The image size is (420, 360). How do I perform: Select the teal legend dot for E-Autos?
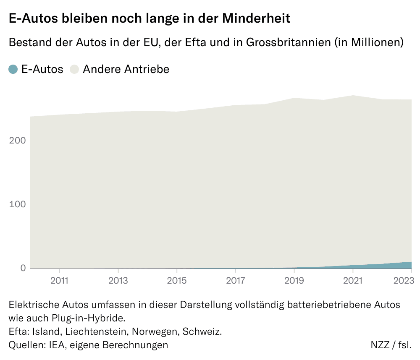[x=13, y=69]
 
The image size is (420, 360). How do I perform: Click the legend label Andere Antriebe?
[x=126, y=69]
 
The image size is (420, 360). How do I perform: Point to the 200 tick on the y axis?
[x=18, y=140]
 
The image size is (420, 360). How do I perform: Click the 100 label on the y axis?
[x=18, y=204]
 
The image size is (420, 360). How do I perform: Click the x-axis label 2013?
[x=118, y=280]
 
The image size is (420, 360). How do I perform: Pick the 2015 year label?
[x=177, y=280]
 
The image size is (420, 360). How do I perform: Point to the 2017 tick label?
[x=236, y=280]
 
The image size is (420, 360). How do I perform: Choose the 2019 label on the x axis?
[x=294, y=280]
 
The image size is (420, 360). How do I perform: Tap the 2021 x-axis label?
[x=353, y=280]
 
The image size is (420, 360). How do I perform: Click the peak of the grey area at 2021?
[x=353, y=96]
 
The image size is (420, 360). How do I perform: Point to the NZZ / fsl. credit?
[x=391, y=345]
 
